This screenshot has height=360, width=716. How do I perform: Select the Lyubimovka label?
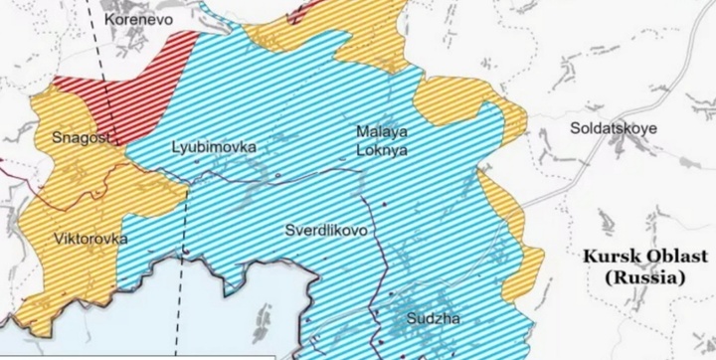[213, 147]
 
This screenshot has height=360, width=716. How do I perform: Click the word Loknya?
[380, 152]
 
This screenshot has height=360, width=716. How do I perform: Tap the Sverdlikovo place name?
[327, 229]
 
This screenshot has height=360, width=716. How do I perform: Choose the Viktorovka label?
[89, 240]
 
